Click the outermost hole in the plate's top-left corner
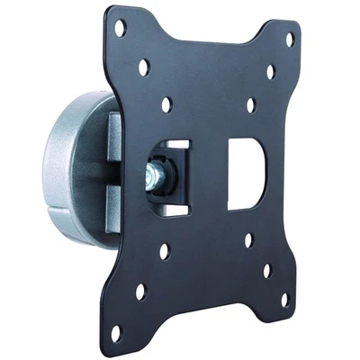(120, 31)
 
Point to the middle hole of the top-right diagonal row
(270, 70)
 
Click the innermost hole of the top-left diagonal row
(166, 103)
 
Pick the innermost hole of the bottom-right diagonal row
(247, 240)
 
